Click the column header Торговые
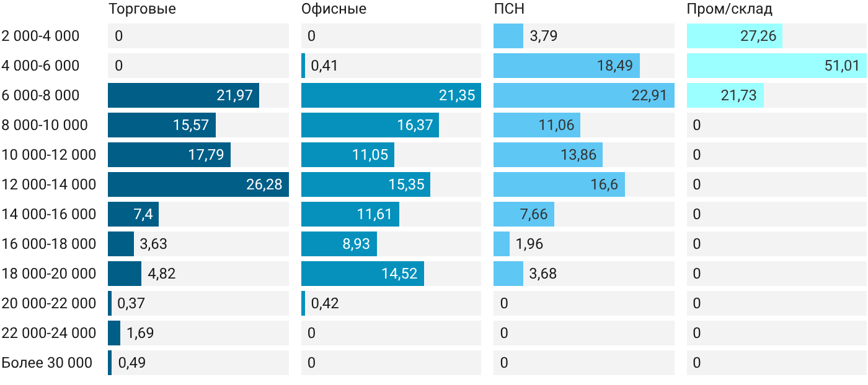pyautogui.click(x=142, y=9)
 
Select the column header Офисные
pyautogui.click(x=334, y=9)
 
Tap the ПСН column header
pyautogui.click(x=509, y=9)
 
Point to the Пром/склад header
pyautogui.click(x=729, y=9)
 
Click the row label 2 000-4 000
pyautogui.click(x=40, y=36)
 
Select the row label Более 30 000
pyautogui.click(x=47, y=363)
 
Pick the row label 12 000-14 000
pyautogui.click(x=49, y=184)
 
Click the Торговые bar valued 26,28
pyautogui.click(x=198, y=184)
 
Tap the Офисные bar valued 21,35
pyautogui.click(x=391, y=95)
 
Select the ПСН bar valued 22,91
pyautogui.click(x=584, y=95)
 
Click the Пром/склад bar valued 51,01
pyautogui.click(x=776, y=66)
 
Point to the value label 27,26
pyautogui.click(x=758, y=36)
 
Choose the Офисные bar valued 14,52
pyautogui.click(x=363, y=274)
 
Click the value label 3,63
pyautogui.click(x=154, y=244)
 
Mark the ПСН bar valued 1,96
pyautogui.click(x=502, y=244)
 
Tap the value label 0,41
pyautogui.click(x=324, y=66)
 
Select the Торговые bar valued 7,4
pyautogui.click(x=133, y=214)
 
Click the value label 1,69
pyautogui.click(x=140, y=333)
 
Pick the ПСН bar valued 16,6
pyautogui.click(x=559, y=184)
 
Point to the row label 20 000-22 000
pyautogui.click(x=49, y=303)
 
